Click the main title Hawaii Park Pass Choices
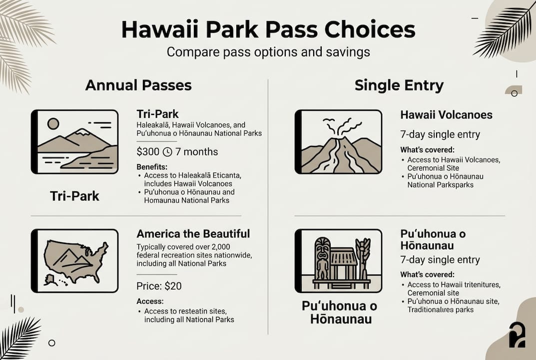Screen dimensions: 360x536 pyautogui.click(x=268, y=30)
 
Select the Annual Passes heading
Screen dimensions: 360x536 pyautogui.click(x=138, y=85)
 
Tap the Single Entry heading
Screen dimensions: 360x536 pyautogui.click(x=399, y=85)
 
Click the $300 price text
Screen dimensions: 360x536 pyautogui.click(x=148, y=151)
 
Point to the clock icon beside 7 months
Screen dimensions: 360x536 pyautogui.click(x=168, y=151)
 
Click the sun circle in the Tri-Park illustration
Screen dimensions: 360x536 pyautogui.click(x=53, y=123)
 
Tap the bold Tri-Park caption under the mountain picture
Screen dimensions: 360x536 pyautogui.click(x=74, y=196)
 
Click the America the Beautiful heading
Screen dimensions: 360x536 pyautogui.click(x=193, y=233)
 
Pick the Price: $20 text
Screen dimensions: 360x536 pyautogui.click(x=159, y=286)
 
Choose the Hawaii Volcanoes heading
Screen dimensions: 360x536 pyautogui.click(x=446, y=115)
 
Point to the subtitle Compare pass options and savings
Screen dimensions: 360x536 pyautogui.click(x=268, y=52)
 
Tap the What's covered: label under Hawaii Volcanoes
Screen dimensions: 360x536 pyautogui.click(x=427, y=150)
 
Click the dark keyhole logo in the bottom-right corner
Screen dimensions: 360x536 pyautogui.click(x=517, y=335)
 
